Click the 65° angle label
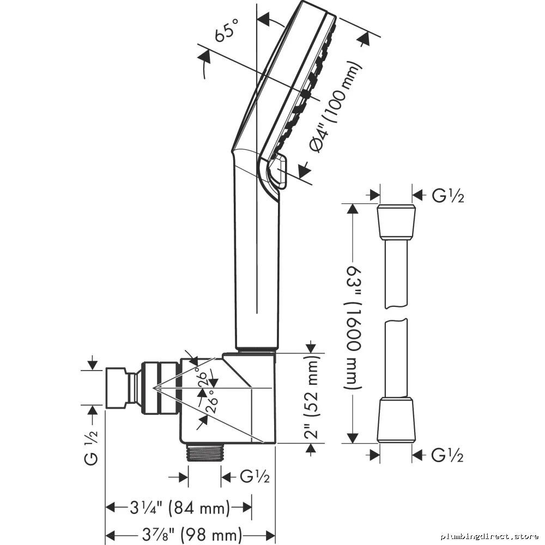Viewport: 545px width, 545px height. coord(227,30)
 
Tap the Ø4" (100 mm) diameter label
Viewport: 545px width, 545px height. coord(335,107)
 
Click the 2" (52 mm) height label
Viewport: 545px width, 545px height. coord(311,397)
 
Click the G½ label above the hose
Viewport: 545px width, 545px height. coord(447,196)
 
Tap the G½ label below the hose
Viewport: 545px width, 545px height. coord(447,455)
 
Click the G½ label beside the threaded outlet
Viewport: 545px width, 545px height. coord(255,476)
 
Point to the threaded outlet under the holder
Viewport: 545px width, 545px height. coord(205,452)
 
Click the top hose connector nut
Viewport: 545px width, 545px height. coord(396,222)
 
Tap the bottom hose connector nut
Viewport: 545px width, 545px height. coord(396,421)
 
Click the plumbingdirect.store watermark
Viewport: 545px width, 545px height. coord(489,536)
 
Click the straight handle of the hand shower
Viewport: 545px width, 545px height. coord(257,264)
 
